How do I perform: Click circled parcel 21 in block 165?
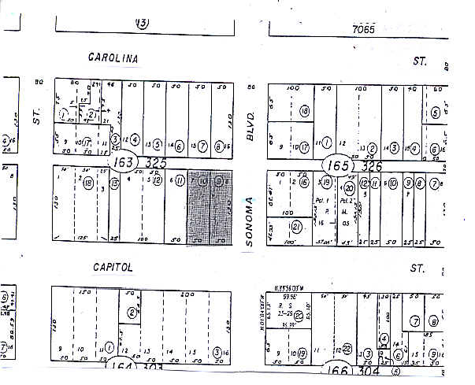coord(295,228)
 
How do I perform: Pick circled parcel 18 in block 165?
coord(304,111)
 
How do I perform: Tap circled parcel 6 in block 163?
coord(180,145)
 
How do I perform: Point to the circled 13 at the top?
coord(141,23)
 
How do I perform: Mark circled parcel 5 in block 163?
coord(158,145)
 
